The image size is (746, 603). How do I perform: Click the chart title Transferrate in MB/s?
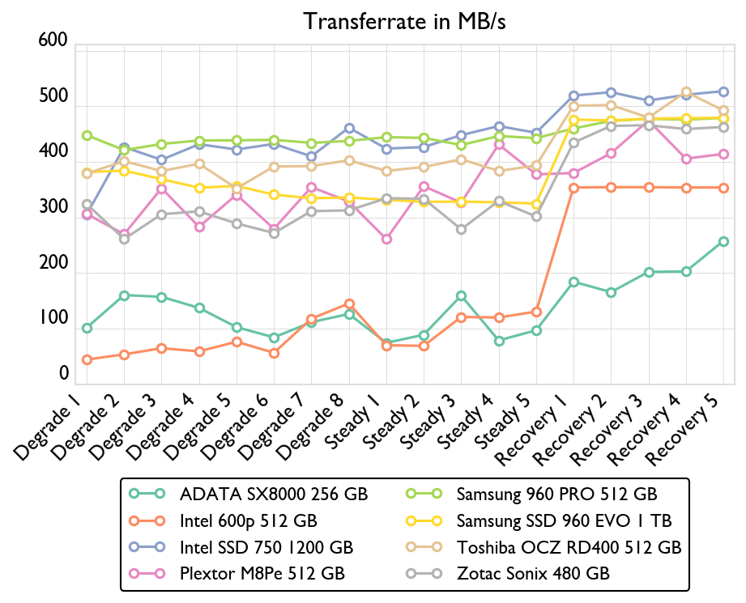click(x=404, y=21)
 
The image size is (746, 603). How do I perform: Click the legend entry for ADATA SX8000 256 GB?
click(x=274, y=493)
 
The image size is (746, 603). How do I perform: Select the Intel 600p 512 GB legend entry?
click(x=248, y=520)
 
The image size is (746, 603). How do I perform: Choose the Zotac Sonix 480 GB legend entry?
click(x=533, y=573)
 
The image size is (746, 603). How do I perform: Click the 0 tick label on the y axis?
click(x=63, y=374)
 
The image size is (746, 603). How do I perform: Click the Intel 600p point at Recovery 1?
click(x=573, y=188)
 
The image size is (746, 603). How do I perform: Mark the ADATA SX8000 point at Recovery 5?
click(x=723, y=241)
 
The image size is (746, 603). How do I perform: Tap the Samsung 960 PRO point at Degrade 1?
click(x=87, y=136)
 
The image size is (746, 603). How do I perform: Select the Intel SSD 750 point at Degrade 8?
click(x=349, y=128)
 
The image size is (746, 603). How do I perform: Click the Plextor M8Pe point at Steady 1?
click(x=386, y=240)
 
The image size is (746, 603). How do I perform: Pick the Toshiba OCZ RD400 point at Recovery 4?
click(x=686, y=92)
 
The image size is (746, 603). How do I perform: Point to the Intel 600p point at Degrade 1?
click(x=87, y=359)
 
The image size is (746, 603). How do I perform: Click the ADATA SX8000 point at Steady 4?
click(x=499, y=341)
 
